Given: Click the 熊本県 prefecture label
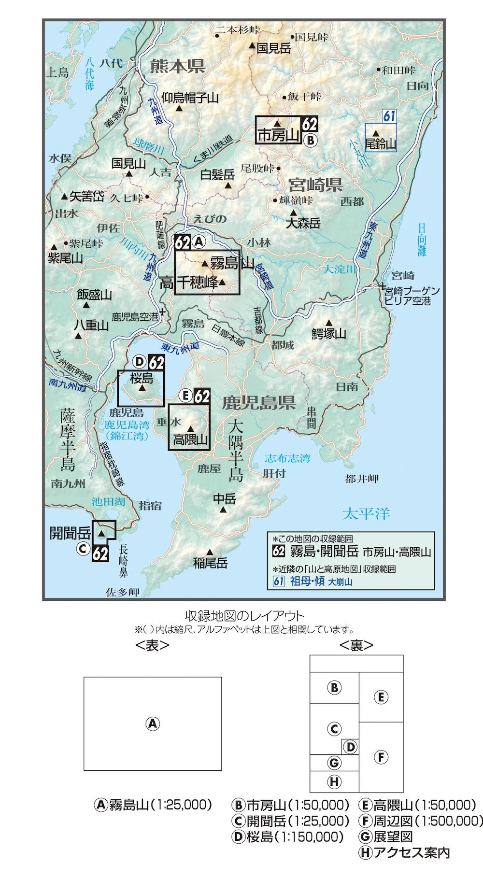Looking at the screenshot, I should (x=177, y=66).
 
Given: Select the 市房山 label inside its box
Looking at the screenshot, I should (x=279, y=135).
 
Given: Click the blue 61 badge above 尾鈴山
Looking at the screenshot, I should (x=389, y=116).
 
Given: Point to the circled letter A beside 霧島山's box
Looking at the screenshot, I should (x=199, y=242).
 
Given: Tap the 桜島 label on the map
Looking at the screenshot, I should (x=142, y=378).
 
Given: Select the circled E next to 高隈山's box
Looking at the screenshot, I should (x=185, y=396).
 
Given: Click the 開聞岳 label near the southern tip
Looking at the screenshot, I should (x=71, y=533).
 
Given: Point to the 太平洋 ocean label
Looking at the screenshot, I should (x=366, y=513).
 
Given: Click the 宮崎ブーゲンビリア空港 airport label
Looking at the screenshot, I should (x=412, y=296).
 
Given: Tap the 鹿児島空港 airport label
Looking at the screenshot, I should (x=135, y=317).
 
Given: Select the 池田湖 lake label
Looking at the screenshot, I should (x=109, y=502).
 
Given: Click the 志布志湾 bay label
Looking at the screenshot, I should (x=287, y=458).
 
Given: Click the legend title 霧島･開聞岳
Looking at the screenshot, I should (x=324, y=551).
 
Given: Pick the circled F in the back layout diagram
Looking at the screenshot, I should (x=381, y=757).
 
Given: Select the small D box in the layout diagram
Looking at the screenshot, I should (x=350, y=747).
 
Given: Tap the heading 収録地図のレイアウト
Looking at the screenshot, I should (x=244, y=616).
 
